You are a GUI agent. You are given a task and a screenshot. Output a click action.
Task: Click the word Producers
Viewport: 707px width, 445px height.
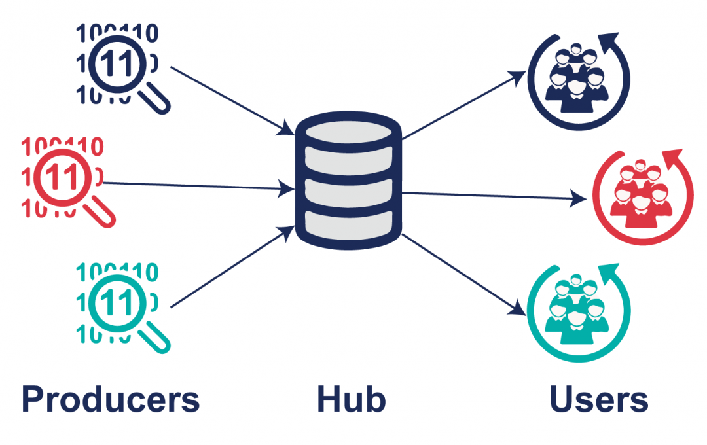[110, 399]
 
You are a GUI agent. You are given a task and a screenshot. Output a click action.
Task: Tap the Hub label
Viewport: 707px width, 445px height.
[351, 399]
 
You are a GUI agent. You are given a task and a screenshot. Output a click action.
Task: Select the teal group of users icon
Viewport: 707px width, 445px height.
[576, 308]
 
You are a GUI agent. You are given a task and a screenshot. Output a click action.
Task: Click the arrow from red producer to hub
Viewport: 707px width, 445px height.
[196, 187]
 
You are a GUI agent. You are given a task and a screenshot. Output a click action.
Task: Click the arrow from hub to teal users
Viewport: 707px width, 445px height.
[465, 275]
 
